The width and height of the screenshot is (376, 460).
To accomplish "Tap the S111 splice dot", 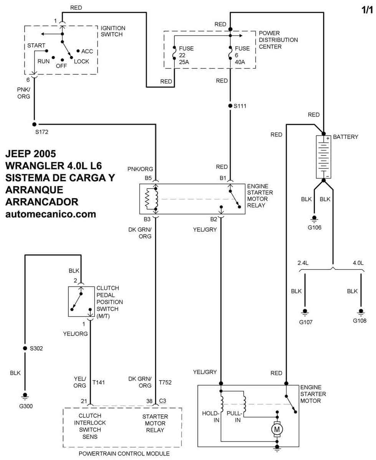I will point(230,106).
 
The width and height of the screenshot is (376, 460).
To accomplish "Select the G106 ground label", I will point(314,227).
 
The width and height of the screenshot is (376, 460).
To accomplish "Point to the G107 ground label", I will point(306,322).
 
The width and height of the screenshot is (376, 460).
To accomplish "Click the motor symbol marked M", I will point(277,429).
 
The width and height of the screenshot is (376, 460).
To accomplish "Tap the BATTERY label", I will point(346,137).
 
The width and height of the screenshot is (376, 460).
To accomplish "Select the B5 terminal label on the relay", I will point(149,178).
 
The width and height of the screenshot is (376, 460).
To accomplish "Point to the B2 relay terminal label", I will point(213,220).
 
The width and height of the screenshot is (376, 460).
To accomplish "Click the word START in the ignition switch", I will point(36,46).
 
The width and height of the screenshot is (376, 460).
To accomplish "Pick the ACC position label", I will point(87,51).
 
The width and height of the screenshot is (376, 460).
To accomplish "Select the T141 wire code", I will point(99,382).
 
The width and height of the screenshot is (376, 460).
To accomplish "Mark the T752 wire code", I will point(165,382).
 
